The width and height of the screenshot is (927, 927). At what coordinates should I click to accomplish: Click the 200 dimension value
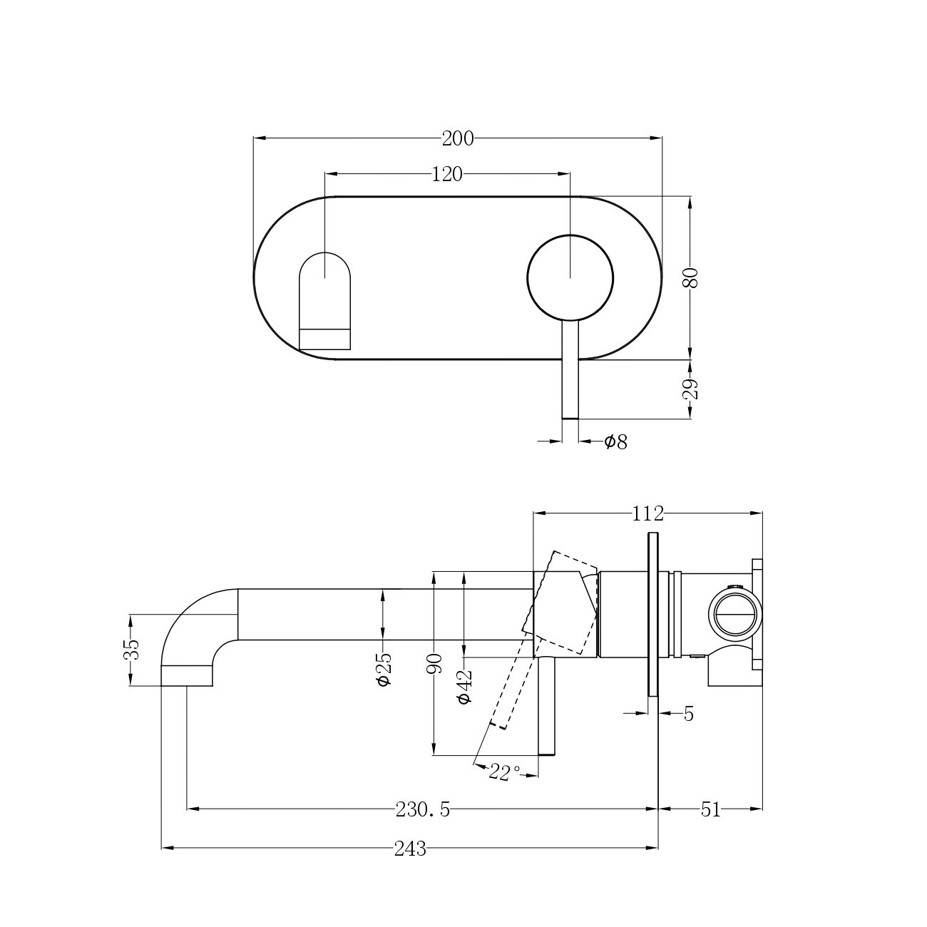(x=458, y=139)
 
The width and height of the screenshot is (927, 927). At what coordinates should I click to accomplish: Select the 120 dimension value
(x=447, y=175)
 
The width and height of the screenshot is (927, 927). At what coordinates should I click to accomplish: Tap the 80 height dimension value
(x=690, y=277)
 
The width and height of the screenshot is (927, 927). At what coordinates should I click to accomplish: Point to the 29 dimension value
(x=690, y=389)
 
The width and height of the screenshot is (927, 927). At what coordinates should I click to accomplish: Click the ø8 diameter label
(x=616, y=441)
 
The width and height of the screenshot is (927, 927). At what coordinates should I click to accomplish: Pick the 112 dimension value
(x=647, y=513)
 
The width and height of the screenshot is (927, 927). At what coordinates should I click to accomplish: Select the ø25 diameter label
(x=384, y=670)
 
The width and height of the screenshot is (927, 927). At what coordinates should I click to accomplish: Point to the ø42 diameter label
(x=465, y=687)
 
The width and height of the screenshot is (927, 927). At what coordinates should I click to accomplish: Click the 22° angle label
(x=505, y=773)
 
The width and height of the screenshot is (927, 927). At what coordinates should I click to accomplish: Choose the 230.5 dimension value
(x=423, y=810)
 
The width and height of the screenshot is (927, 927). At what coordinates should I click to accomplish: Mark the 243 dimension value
(x=410, y=849)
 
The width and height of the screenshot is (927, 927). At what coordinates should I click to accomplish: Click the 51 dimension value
(x=710, y=810)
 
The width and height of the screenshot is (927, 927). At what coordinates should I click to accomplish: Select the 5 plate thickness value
(x=689, y=715)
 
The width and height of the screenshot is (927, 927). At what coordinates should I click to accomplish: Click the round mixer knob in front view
(x=570, y=277)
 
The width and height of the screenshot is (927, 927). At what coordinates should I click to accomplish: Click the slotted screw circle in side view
(x=735, y=617)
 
